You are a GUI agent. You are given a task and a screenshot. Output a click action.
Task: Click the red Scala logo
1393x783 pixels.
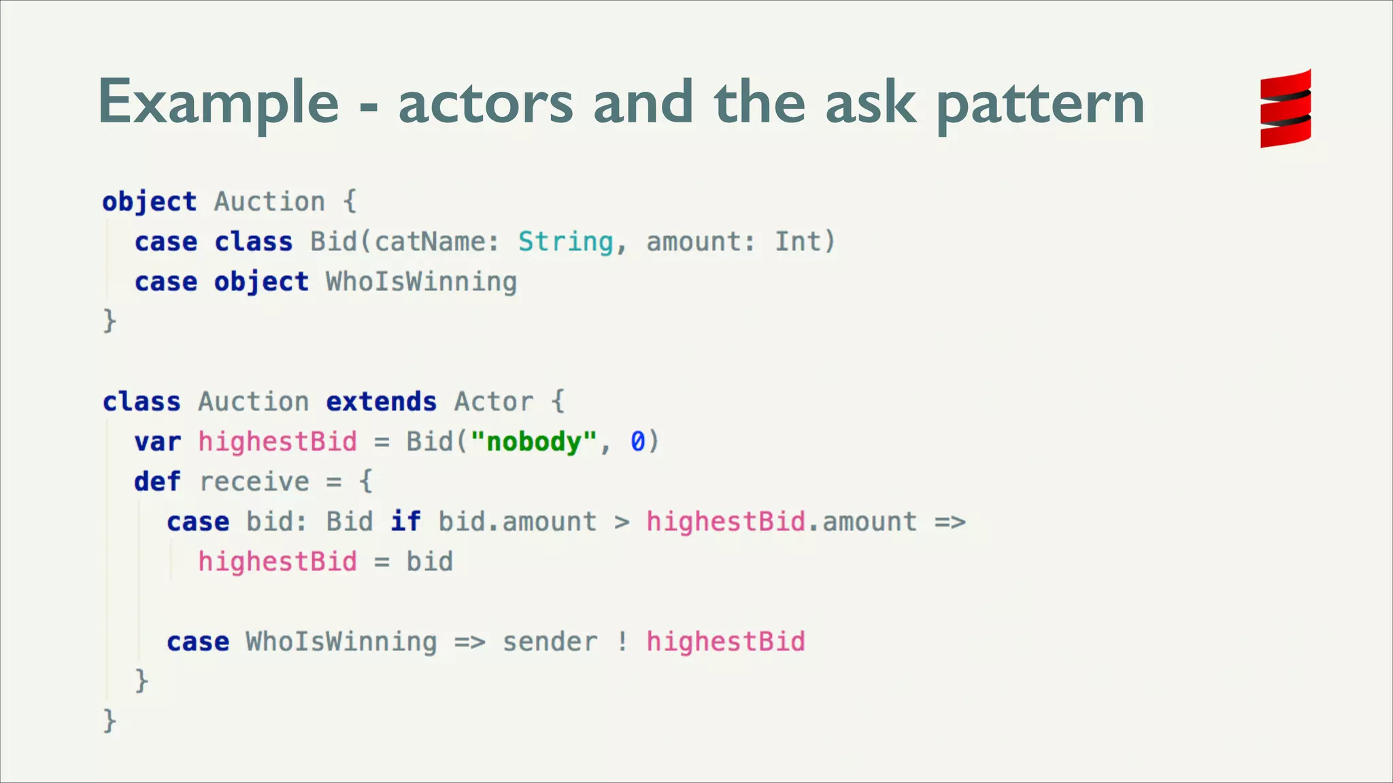point(1285,109)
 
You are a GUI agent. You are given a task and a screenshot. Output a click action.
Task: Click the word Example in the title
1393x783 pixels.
point(218,103)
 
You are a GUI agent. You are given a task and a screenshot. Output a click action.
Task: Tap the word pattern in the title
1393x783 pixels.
point(1040,105)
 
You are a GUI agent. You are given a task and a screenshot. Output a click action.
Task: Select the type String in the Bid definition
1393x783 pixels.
point(565,242)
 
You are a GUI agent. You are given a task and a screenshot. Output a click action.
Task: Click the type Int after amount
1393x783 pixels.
point(797,242)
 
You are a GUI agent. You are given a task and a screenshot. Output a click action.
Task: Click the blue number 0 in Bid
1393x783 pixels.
point(637,442)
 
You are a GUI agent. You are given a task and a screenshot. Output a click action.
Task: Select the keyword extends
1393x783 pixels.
point(381,402)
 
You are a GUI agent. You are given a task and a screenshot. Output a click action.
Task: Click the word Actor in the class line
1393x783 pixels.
point(493,402)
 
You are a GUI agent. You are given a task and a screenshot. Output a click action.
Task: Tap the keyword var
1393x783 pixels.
point(157,442)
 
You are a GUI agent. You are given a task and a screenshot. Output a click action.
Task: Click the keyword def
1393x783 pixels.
point(157,482)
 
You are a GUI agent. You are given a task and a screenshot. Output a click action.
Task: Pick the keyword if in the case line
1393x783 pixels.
point(405,522)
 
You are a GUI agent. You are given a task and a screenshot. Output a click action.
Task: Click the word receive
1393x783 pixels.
point(254,482)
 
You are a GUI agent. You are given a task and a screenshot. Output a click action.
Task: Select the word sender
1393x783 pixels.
point(550,642)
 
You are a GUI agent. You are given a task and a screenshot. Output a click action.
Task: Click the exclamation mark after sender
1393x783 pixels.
point(622,642)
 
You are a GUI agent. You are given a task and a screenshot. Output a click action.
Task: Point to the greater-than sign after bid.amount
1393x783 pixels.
point(622,522)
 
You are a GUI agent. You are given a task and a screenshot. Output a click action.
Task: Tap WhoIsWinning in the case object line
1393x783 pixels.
point(421,282)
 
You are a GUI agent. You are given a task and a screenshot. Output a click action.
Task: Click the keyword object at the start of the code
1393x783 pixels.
point(149,202)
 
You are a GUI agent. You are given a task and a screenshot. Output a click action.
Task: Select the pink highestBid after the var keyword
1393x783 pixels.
point(278,442)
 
